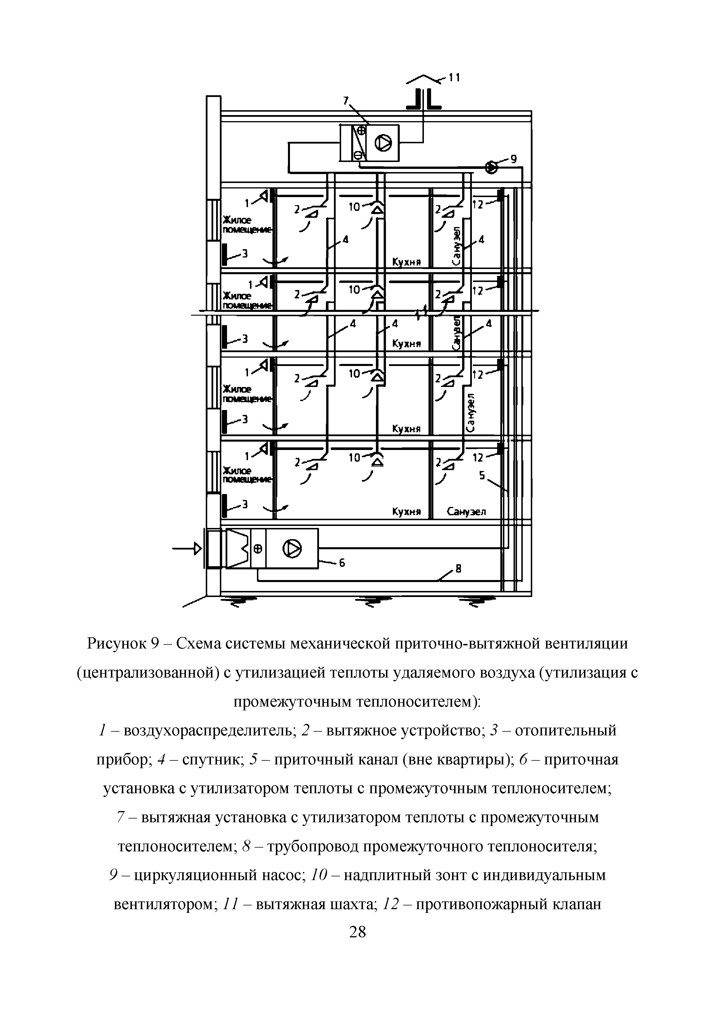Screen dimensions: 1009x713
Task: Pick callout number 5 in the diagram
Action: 482,475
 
